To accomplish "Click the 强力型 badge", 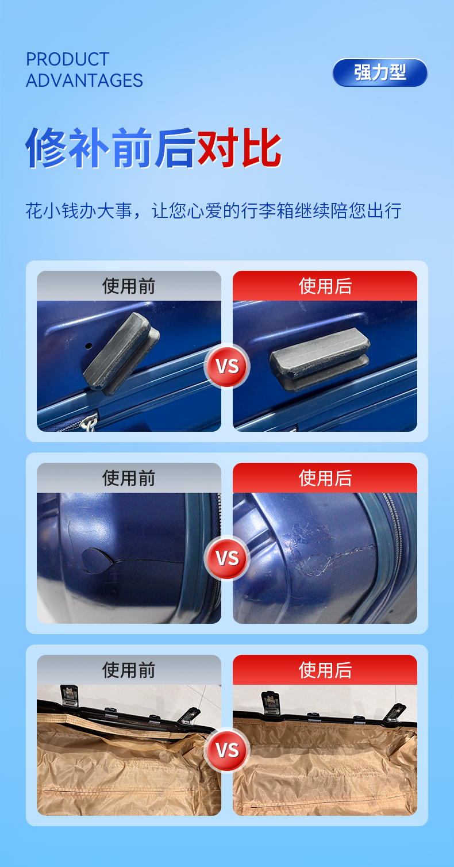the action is (x=380, y=72).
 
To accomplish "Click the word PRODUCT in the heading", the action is (x=68, y=59).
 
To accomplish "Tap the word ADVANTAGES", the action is (x=84, y=80).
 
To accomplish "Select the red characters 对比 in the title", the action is (x=240, y=147).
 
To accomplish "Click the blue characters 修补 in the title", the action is (x=68, y=147).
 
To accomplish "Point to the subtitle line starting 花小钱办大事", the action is (x=213, y=211).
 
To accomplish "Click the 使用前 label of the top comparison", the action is (x=129, y=286).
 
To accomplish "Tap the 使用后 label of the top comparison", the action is (x=325, y=286).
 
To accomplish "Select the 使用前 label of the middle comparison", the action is (x=129, y=478).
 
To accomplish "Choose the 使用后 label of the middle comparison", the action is (x=325, y=478).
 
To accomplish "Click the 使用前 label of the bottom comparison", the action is (x=129, y=670).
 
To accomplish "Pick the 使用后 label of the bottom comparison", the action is (x=325, y=670).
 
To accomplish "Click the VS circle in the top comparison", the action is (x=227, y=366).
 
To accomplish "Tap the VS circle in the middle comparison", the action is (x=227, y=558).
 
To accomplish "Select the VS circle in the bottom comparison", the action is (x=227, y=750).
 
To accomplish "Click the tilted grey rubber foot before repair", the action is (x=120, y=352).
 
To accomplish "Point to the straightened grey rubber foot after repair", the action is (x=320, y=358).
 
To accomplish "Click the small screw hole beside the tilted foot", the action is (x=89, y=345).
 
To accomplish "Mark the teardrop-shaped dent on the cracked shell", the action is (x=97, y=561).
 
